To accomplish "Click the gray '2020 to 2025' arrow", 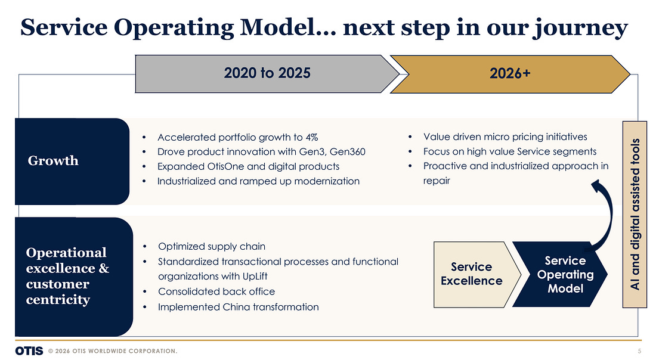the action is point(267,73).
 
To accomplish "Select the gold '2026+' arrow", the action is point(510,74).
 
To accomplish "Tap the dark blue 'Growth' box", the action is point(72,162).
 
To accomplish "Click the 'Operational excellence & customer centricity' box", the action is point(73,277).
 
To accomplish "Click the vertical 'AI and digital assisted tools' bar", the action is point(635,215).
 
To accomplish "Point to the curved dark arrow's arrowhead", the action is point(596,185).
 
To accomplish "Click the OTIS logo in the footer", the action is point(29,350).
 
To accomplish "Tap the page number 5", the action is point(639,351).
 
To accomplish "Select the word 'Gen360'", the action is point(347,151).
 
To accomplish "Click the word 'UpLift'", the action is point(255,277).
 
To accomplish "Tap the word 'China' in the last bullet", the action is point(236,307).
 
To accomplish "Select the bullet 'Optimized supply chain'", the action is point(212,246).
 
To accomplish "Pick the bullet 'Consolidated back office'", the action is point(216,291).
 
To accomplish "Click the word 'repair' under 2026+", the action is point(437,181).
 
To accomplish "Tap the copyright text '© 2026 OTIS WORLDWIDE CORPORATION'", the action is point(113,351).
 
